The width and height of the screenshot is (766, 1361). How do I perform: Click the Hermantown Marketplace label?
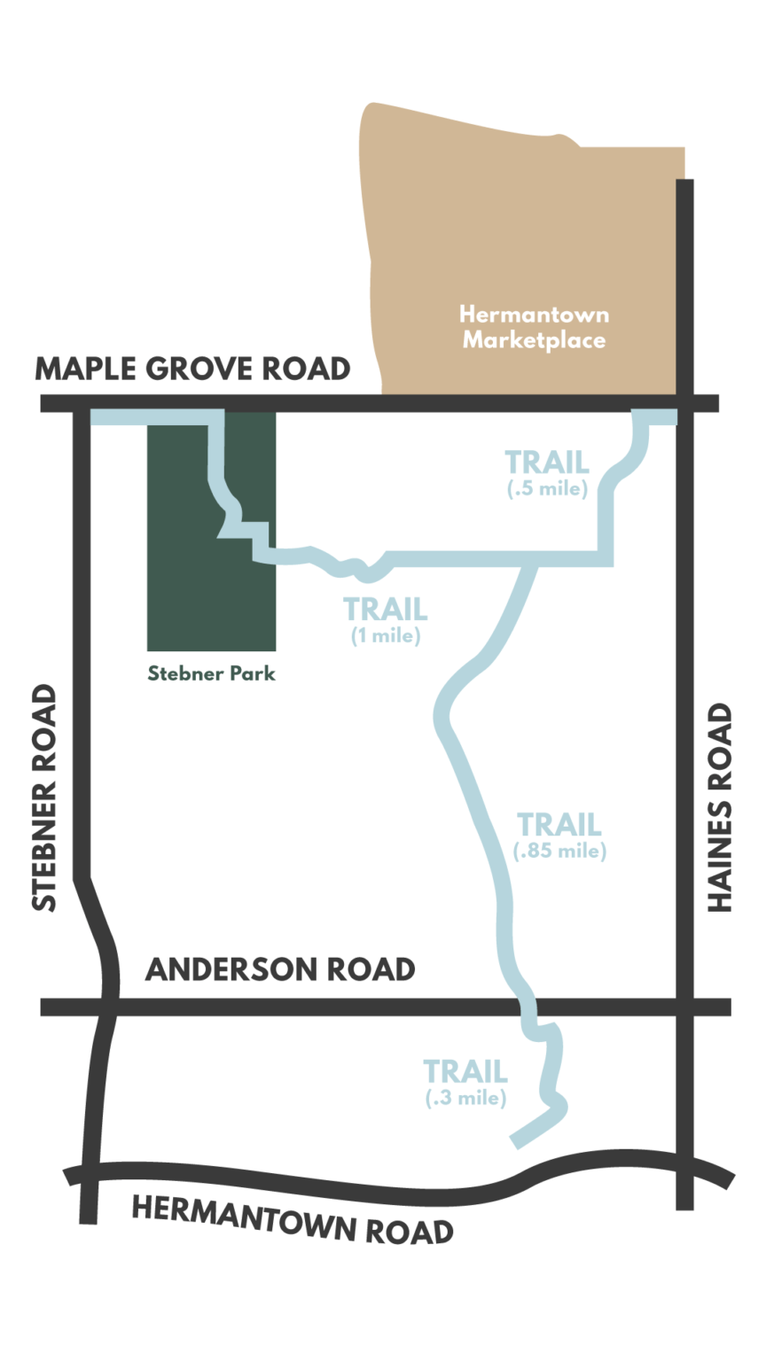(x=534, y=327)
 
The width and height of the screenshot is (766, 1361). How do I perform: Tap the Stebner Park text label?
(x=211, y=673)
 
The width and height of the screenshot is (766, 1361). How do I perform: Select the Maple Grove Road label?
(x=192, y=369)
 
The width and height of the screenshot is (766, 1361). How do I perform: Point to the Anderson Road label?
(x=280, y=969)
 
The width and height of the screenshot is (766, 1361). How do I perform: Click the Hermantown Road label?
(x=293, y=1219)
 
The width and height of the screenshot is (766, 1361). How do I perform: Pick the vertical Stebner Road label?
(x=44, y=797)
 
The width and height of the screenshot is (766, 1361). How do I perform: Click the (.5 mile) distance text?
(x=548, y=488)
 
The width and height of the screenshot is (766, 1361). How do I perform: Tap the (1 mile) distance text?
(x=386, y=635)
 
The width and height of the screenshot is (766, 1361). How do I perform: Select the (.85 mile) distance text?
(x=559, y=851)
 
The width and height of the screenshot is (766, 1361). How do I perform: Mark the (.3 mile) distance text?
(x=465, y=1098)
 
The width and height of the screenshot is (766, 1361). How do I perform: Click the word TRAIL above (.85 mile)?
(x=559, y=825)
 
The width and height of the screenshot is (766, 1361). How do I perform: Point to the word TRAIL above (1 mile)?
(x=386, y=610)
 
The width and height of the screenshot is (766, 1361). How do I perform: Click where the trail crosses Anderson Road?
(x=527, y=1007)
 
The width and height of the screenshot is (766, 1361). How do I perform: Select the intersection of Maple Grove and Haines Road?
(x=684, y=404)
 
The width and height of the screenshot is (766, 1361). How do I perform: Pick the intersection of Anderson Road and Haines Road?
(x=684, y=1007)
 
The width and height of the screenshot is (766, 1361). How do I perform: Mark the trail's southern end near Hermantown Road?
(x=517, y=1141)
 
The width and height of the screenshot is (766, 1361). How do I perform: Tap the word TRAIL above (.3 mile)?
(x=465, y=1072)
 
